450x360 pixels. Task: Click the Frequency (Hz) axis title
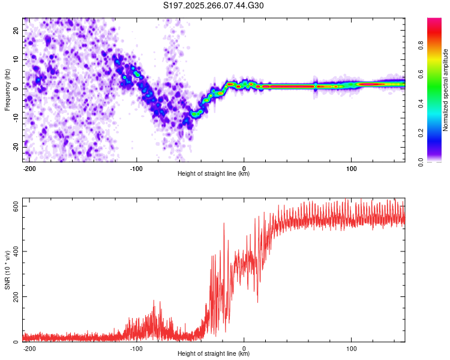(7, 90)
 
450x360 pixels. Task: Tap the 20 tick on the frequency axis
(16, 30)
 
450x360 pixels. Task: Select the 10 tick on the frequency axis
(16, 59)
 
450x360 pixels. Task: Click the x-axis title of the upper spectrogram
(214, 174)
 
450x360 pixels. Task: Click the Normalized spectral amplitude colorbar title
(446, 90)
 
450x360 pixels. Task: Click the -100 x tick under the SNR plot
(136, 348)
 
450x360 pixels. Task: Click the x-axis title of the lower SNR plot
(214, 354)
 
